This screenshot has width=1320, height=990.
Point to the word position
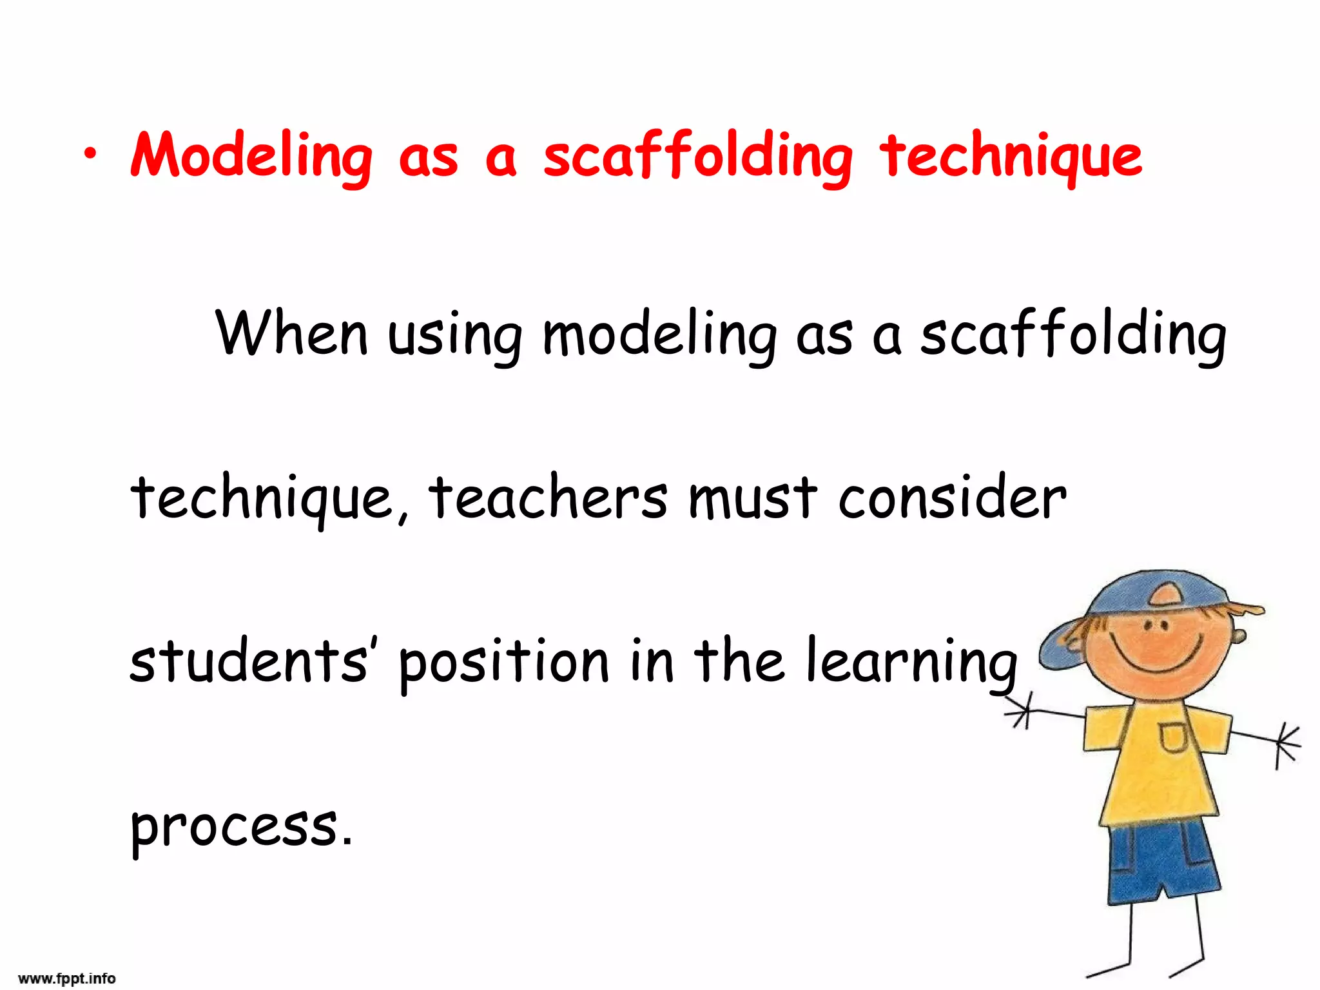tap(503, 661)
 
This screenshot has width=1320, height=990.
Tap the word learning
tap(911, 661)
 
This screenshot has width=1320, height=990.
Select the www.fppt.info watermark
tap(67, 978)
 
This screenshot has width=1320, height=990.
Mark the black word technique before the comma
tap(262, 499)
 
